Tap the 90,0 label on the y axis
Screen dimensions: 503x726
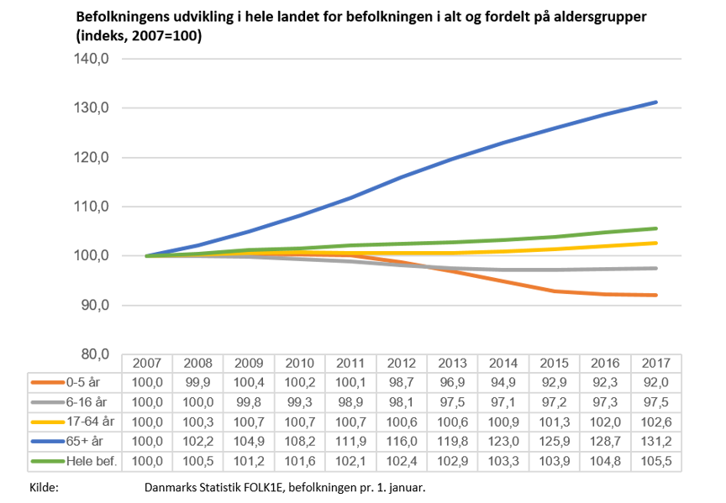(94, 305)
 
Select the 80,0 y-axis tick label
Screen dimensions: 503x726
(94, 354)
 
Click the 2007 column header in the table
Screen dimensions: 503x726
(147, 363)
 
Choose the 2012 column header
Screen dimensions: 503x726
(402, 363)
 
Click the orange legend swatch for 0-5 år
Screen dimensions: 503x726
(46, 382)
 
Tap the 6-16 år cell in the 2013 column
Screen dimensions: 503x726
(453, 402)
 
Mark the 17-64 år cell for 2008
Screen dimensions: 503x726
(198, 422)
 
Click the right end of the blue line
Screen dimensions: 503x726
(656, 102)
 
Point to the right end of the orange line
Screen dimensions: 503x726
(656, 295)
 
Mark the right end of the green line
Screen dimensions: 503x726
(656, 228)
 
